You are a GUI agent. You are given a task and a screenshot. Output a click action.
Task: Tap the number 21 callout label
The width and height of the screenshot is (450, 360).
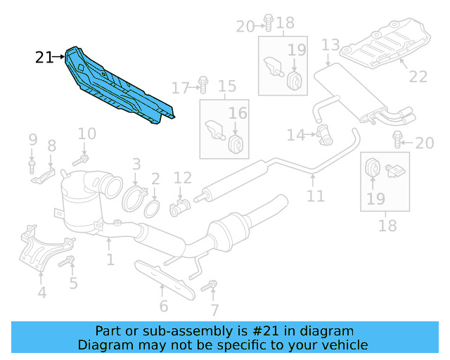(44, 58)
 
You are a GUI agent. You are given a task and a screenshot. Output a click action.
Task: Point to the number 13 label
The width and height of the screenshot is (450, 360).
(330, 46)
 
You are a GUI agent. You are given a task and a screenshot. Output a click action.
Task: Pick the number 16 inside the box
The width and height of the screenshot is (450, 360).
(238, 113)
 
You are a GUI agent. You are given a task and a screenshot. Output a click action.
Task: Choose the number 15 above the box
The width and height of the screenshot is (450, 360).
(226, 87)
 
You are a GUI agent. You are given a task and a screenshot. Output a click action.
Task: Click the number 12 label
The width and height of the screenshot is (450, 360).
(182, 178)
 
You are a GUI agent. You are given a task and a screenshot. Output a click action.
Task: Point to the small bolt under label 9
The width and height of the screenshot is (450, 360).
(32, 166)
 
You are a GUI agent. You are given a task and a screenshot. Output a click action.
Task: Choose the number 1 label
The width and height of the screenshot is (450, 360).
(110, 261)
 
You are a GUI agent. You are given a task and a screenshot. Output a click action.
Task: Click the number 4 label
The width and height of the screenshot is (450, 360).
(42, 292)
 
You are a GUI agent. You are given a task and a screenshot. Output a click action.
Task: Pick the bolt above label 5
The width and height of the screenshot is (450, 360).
(70, 263)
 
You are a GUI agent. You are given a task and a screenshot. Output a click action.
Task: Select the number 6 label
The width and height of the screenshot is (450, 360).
(164, 307)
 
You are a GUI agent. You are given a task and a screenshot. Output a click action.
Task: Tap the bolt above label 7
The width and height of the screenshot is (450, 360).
(208, 286)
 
